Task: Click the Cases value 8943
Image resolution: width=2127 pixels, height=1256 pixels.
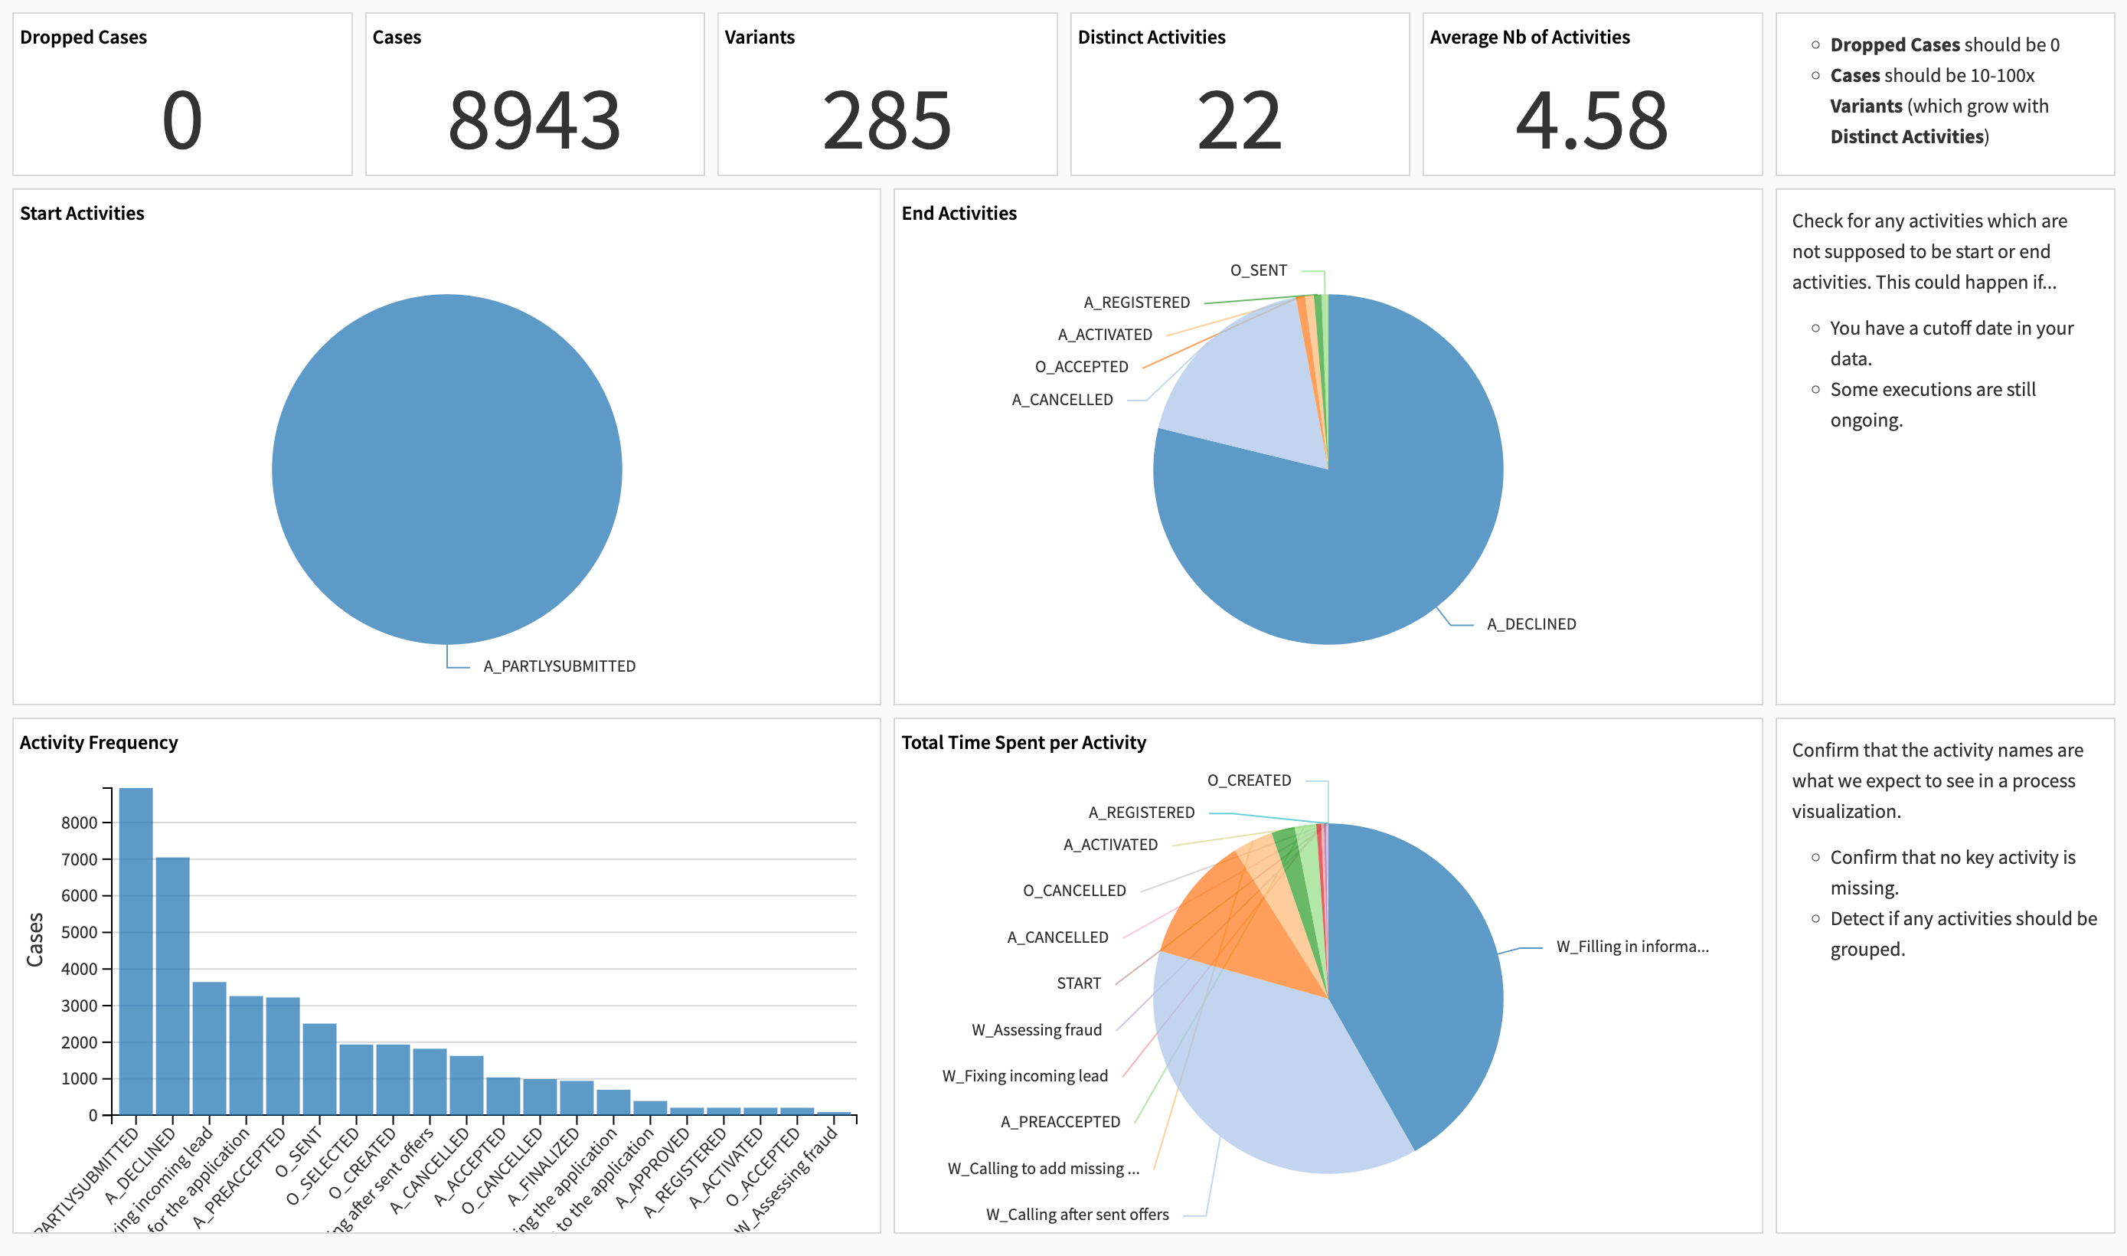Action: click(x=534, y=121)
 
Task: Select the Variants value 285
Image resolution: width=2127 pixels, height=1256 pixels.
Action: click(x=887, y=121)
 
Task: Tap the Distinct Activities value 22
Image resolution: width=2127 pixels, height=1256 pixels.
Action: click(x=1239, y=121)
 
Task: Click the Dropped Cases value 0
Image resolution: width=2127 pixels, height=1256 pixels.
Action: click(x=182, y=121)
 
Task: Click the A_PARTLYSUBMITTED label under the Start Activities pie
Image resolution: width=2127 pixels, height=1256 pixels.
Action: click(x=559, y=666)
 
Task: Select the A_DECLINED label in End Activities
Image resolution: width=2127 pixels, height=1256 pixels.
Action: click(x=1531, y=623)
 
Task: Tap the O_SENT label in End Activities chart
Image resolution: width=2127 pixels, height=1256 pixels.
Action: click(x=1258, y=270)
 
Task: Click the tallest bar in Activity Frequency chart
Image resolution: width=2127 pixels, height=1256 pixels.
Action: click(x=136, y=948)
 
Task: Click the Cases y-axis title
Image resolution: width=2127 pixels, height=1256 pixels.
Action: click(x=34, y=940)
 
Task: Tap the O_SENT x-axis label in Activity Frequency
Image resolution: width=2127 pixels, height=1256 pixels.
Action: click(x=299, y=1151)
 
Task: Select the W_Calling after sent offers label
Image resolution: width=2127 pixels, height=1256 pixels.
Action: click(x=1077, y=1215)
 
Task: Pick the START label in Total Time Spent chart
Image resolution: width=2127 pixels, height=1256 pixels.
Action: click(x=1078, y=983)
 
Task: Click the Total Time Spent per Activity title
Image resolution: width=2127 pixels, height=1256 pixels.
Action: click(x=1023, y=742)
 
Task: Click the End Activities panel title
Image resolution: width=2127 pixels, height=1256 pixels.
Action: click(x=959, y=213)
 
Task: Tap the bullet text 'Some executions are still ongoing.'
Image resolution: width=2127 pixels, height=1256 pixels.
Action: click(x=1933, y=404)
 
